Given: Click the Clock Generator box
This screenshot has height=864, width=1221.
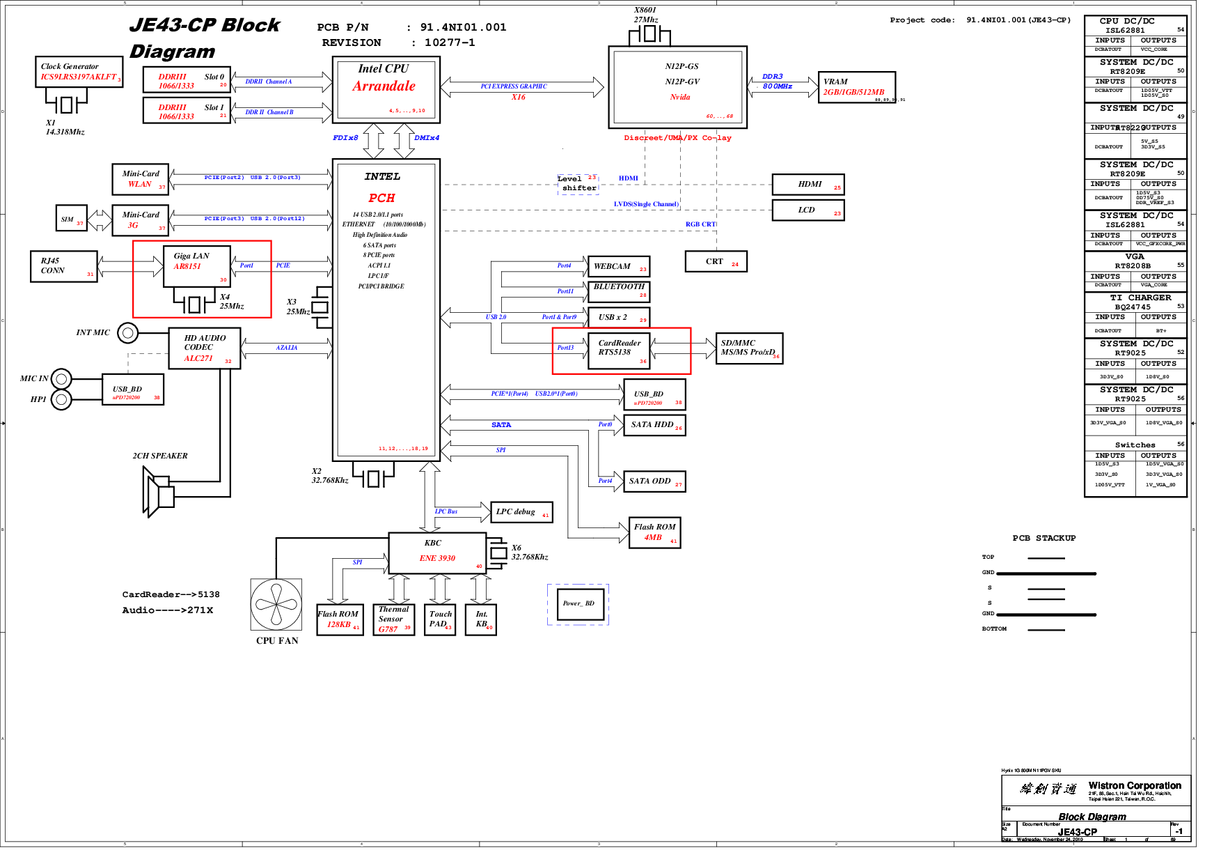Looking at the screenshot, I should point(79,72).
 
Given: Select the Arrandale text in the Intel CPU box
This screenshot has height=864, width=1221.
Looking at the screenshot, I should point(384,86).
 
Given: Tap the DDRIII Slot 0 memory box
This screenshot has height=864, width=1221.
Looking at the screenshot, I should point(186,80).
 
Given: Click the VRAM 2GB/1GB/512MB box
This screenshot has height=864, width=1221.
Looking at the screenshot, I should point(856,87).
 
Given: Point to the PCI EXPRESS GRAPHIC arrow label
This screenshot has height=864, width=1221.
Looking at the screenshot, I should point(514,86).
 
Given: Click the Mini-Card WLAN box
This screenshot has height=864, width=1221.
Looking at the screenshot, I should point(141,179).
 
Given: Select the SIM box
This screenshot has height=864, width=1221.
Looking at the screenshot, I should point(71,219).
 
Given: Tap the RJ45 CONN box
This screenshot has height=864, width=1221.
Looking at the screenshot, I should point(63,266).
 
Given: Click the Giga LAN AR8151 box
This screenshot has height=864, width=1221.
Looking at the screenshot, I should point(196,265).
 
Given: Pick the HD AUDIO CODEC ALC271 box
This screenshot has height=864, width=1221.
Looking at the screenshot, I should point(205,348).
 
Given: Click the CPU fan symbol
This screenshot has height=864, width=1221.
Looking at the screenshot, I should point(276,604).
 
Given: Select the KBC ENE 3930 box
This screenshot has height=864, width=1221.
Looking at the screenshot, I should point(437,553).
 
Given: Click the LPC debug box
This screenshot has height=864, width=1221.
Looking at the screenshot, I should point(521,512).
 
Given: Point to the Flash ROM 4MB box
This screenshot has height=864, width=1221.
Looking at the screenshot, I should point(654,532).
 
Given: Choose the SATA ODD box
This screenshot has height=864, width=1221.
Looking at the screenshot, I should point(654,481).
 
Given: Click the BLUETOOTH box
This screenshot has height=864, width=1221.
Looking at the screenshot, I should point(619,291).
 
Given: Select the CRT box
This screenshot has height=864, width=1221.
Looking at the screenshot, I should point(716,261).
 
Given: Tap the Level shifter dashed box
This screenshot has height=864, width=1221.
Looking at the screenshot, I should point(578,184).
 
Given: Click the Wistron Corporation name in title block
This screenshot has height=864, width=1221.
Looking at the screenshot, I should point(1134,785).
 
